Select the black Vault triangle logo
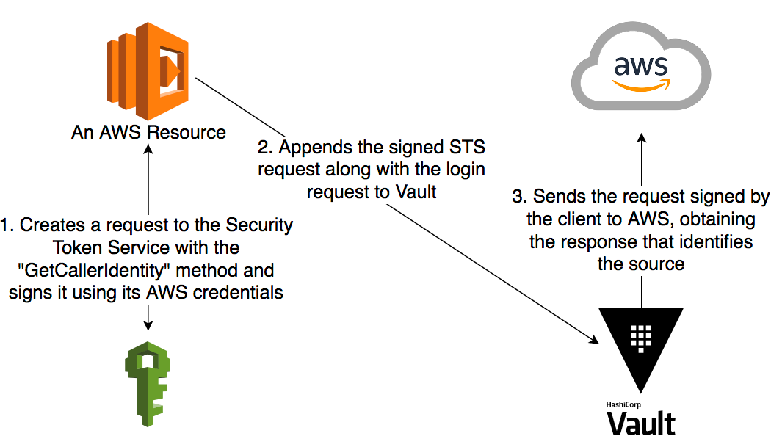pos(641,345)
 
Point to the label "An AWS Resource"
pos(148,133)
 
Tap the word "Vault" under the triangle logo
pos(641,424)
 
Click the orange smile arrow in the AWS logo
pos(641,84)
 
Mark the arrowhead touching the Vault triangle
pos(595,338)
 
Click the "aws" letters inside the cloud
pos(641,68)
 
